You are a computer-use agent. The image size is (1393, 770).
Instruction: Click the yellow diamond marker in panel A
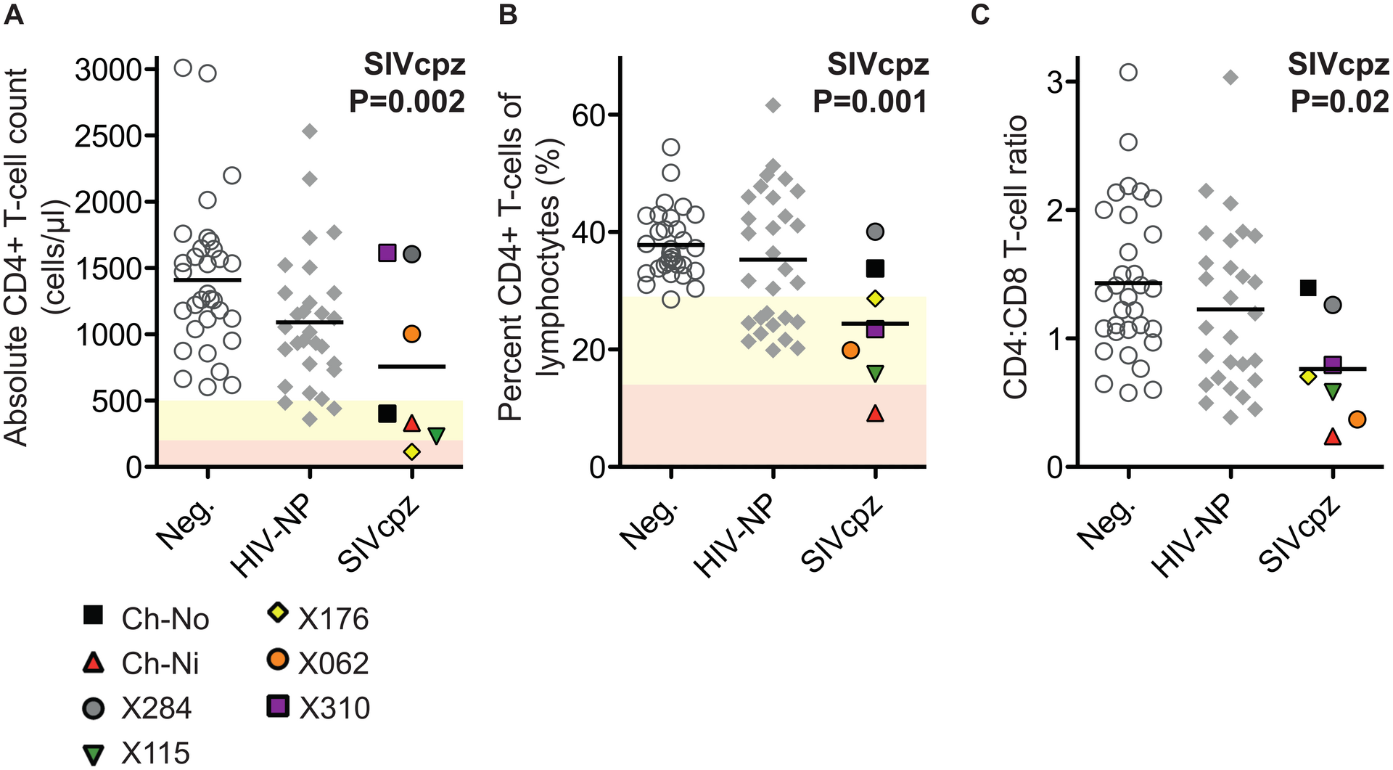tap(411, 451)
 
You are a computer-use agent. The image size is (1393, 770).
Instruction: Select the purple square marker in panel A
tap(387, 253)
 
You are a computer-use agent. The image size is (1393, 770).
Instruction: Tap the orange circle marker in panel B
tap(850, 351)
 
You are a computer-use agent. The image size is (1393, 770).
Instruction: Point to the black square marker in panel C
tap(1307, 288)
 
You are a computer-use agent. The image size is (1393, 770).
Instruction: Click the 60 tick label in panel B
tap(590, 115)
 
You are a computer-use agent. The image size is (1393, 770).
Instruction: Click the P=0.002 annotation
tap(407, 102)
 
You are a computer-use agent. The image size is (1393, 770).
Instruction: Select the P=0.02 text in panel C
tap(1339, 102)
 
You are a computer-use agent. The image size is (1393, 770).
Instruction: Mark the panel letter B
tap(507, 15)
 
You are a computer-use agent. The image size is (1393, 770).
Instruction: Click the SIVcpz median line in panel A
tap(411, 366)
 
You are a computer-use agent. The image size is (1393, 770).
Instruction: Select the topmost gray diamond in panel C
tap(1230, 78)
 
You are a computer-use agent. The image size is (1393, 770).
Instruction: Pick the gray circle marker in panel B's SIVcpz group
tap(875, 232)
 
